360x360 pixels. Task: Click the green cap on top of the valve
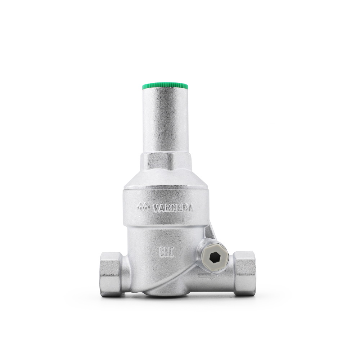coord(166,87)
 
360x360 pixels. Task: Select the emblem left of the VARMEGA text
coord(143,207)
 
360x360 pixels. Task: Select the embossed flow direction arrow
coord(208,277)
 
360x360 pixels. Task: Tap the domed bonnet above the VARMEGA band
coord(166,180)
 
